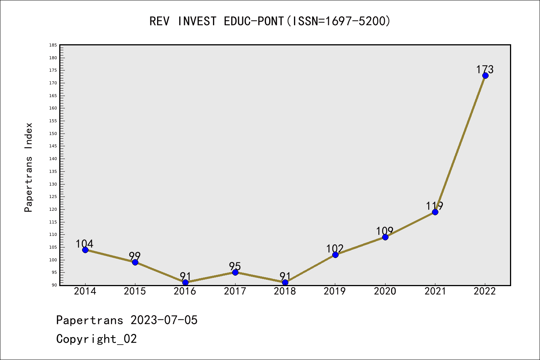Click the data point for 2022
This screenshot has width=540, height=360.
tap(485, 75)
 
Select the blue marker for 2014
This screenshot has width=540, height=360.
tap(85, 250)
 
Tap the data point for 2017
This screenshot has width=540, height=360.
tap(235, 272)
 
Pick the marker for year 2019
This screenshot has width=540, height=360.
tap(335, 255)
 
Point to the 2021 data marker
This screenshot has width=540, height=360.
tap(435, 212)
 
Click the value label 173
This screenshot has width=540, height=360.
tap(485, 69)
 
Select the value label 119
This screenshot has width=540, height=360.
tap(435, 206)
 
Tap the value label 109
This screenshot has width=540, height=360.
tap(385, 231)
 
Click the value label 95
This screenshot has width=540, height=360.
tap(235, 266)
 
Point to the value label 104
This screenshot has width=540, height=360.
tap(84, 244)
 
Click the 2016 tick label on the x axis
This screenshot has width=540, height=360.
tap(185, 291)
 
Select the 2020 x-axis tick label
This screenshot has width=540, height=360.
tap(385, 291)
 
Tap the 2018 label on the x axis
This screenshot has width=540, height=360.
tap(285, 291)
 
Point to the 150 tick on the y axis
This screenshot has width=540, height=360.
tap(53, 133)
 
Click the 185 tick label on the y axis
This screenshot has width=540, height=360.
tap(53, 45)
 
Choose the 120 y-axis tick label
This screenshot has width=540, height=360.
tap(53, 209)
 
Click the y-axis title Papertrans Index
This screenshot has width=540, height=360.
tap(29, 167)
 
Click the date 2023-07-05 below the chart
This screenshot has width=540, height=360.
tap(164, 320)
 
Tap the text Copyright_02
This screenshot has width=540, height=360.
tap(96, 339)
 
